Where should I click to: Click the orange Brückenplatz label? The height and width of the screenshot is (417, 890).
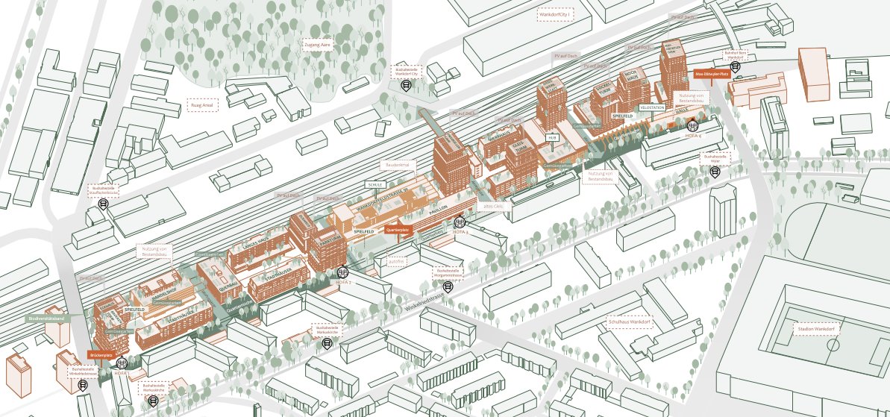[x=100, y=355]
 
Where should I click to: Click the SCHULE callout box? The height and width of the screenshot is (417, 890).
[x=375, y=184]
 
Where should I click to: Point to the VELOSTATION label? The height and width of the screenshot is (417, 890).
[x=652, y=107]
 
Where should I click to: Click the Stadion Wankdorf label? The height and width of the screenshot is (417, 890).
[x=815, y=329]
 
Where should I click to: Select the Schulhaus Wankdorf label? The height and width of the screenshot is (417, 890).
[x=625, y=322]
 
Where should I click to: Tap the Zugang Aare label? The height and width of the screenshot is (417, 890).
[x=317, y=45]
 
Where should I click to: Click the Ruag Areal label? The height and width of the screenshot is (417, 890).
[x=202, y=106]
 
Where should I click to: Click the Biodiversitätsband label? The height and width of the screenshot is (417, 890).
[x=48, y=319]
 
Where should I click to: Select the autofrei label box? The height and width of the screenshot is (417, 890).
[x=397, y=260]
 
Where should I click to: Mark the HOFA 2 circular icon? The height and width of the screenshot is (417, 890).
[x=343, y=274]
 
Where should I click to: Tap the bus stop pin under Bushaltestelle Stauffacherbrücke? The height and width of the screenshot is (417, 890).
[x=104, y=204]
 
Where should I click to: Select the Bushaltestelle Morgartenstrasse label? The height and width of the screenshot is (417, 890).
[x=447, y=273]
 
